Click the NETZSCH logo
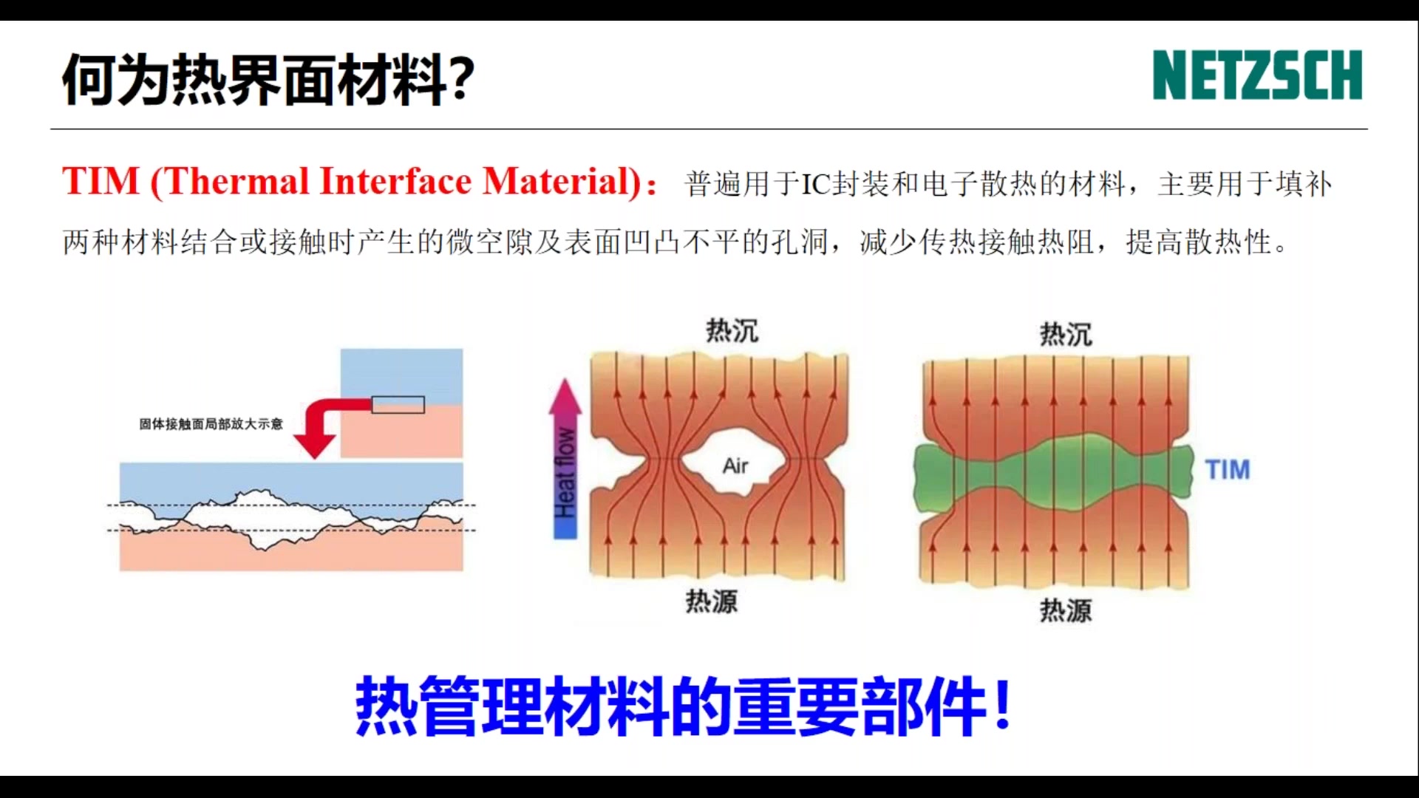pos(1256,75)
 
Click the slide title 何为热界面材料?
pos(268,79)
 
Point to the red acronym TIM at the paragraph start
pos(101,181)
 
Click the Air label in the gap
pos(735,465)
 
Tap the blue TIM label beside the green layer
pos(1227,469)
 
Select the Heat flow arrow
pos(565,458)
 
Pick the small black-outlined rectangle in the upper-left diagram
pos(398,404)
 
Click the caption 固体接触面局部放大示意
pos(211,423)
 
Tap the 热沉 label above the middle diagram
pos(732,330)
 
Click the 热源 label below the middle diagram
pos(711,601)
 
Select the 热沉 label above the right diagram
pos(1065,334)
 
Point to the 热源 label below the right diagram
pos(1065,610)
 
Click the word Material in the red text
pos(562,181)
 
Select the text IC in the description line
pos(816,185)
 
